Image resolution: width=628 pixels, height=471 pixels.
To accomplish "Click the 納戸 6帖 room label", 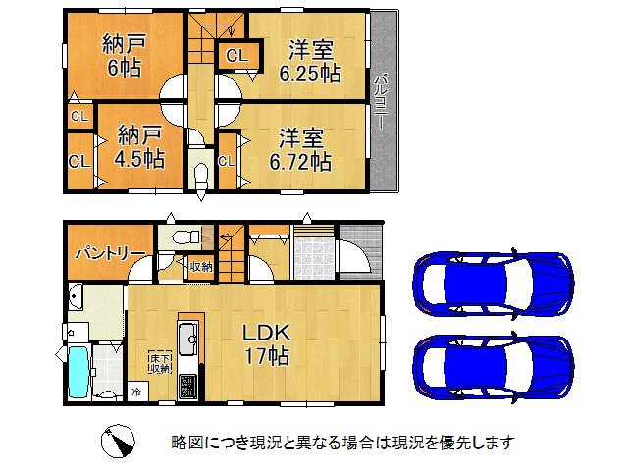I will coord(122,56).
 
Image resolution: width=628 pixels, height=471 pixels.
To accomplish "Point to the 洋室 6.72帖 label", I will coord(300,150).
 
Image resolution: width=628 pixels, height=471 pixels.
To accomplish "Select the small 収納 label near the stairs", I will coord(201,266).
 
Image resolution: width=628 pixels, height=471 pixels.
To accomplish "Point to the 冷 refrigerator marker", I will coord(135,392).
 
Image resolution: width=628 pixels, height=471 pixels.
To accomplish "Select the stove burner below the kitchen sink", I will coord(189,385).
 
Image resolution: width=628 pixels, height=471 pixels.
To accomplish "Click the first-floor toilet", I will coord(181,238).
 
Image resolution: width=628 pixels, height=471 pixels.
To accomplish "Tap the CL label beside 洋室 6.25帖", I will coord(236,57).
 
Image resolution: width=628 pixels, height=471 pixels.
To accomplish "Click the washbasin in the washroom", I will coord(77,299).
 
